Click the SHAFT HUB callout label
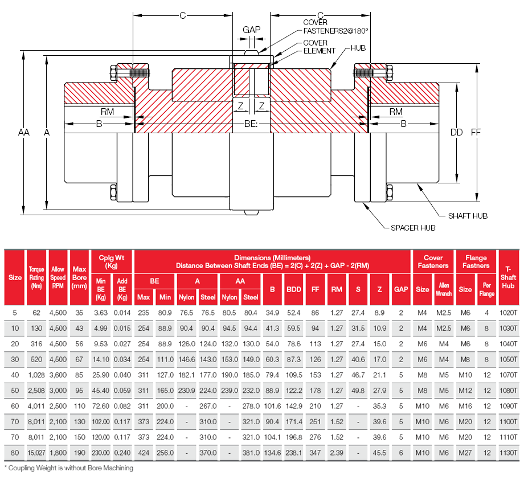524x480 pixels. [468, 216]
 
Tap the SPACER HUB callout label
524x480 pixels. [413, 228]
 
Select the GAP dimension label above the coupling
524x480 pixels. [251, 30]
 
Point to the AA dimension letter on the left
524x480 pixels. [23, 132]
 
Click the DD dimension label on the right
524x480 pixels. [456, 132]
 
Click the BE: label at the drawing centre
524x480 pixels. [251, 123]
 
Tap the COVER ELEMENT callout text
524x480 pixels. [319, 47]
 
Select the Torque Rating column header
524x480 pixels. [36, 277]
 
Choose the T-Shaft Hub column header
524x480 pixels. [508, 277]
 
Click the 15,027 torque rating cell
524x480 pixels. [36, 453]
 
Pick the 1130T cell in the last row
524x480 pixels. [508, 453]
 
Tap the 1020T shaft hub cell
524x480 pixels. [508, 312]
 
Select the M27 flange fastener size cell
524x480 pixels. [465, 453]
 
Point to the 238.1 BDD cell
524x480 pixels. [294, 453]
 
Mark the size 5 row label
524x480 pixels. [15, 312]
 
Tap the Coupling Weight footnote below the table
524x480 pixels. [69, 468]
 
